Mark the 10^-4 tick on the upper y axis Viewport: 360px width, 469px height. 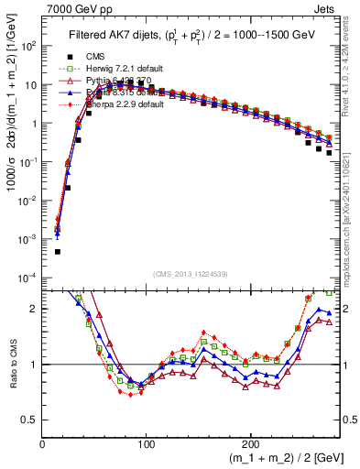click(x=29, y=278)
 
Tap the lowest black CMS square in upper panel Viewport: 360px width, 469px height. click(x=57, y=251)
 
